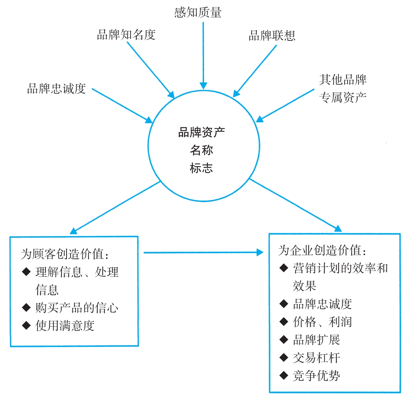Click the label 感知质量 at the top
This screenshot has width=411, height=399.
click(x=198, y=13)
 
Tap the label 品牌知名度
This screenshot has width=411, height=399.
click(x=126, y=35)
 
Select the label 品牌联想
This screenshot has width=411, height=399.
click(x=272, y=35)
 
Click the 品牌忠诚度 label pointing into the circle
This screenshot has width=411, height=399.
click(x=57, y=89)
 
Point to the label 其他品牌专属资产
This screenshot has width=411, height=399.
click(x=343, y=89)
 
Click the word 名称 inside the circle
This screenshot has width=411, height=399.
click(x=202, y=150)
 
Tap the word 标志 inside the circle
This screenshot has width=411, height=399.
click(x=202, y=168)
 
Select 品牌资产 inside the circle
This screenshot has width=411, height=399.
click(x=202, y=133)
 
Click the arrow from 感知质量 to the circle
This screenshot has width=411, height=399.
click(x=203, y=54)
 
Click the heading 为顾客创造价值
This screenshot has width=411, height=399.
click(x=65, y=254)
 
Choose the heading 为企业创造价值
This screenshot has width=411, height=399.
click(x=322, y=251)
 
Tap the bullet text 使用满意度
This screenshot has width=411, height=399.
click(x=65, y=326)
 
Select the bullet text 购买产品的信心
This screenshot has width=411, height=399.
click(x=77, y=308)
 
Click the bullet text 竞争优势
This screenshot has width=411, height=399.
click(x=316, y=376)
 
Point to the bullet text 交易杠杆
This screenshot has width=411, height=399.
click(x=316, y=358)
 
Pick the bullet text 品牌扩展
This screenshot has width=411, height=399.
click(x=316, y=340)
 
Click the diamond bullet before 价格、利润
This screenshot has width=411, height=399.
click(x=284, y=322)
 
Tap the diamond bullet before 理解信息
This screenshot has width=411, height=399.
click(x=26, y=272)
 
